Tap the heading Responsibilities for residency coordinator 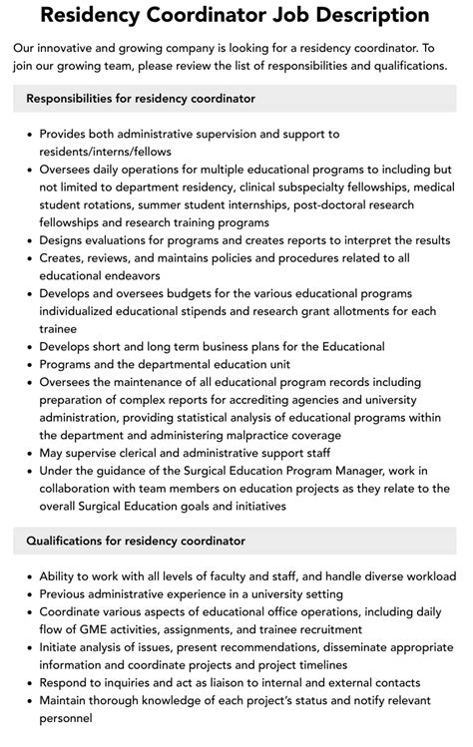pos(141,99)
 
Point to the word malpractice pos(274,436)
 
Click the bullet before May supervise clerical pos(28,454)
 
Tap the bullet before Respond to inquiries pos(28,683)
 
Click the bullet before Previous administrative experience pos(28,594)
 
